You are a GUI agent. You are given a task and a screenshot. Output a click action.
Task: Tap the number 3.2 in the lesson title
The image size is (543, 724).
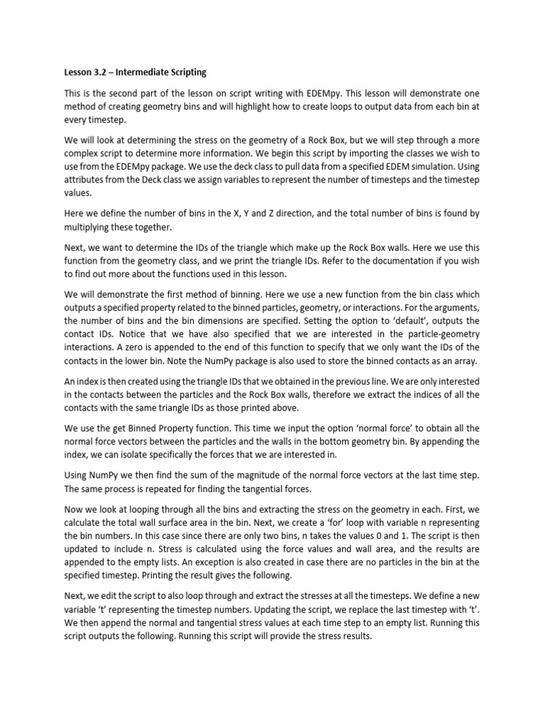point(93,72)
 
